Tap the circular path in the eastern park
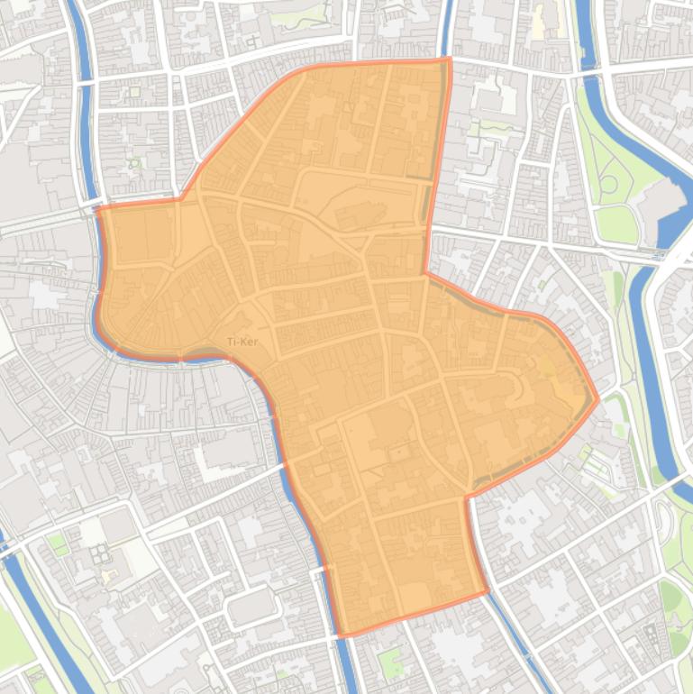(609, 185)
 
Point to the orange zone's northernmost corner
(448, 59)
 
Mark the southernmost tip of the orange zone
(341, 635)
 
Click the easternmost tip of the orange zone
(597, 398)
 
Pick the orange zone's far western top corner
(98, 209)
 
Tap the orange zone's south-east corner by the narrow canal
(488, 592)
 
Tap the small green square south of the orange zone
(389, 662)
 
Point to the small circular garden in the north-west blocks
(135, 163)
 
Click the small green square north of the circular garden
(134, 91)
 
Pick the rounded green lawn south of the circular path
(616, 223)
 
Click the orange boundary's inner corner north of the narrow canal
(467, 495)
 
